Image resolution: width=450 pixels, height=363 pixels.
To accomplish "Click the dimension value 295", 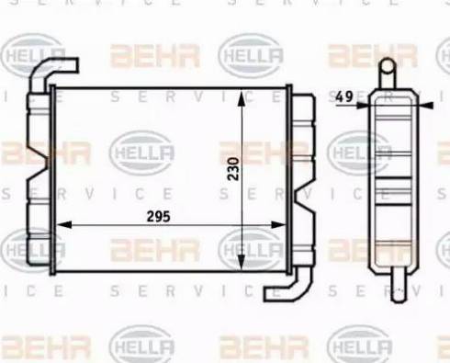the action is [x=158, y=217].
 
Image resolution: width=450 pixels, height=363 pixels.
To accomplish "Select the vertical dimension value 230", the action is [x=233, y=169].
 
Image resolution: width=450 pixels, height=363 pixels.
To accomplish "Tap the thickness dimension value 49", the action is [x=344, y=96].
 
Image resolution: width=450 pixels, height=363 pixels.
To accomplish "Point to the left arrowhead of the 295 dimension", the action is [x=64, y=224].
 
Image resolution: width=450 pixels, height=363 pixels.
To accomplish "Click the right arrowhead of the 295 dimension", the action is [x=278, y=225].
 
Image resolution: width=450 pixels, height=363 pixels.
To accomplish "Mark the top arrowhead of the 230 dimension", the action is [x=242, y=98].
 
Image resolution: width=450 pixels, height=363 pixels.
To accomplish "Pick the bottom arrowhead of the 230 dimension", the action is [x=242, y=262].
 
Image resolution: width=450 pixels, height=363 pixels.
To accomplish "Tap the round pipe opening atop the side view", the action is [x=388, y=66].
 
